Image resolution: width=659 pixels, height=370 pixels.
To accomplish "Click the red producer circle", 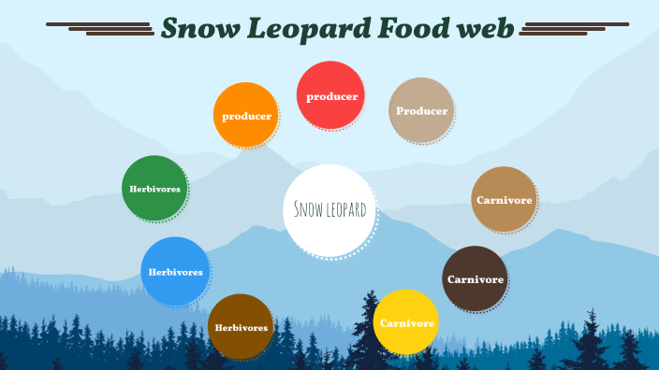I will pyautogui.click(x=329, y=94).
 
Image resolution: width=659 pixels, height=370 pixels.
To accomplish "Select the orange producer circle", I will pyautogui.click(x=246, y=116).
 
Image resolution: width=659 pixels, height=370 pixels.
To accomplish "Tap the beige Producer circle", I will pyautogui.click(x=421, y=110).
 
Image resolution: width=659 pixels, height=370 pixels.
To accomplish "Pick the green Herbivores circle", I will pyautogui.click(x=154, y=188).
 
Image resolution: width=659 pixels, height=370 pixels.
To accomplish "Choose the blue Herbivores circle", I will pyautogui.click(x=174, y=271).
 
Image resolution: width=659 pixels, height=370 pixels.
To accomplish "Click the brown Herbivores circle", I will pyautogui.click(x=241, y=326).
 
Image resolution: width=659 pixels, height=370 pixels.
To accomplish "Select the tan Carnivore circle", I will pyautogui.click(x=504, y=200).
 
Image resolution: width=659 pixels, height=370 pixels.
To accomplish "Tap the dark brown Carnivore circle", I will pyautogui.click(x=475, y=278).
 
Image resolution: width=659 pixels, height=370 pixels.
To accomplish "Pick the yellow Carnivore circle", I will pyautogui.click(x=405, y=322).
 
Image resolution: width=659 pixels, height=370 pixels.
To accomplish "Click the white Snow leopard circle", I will pyautogui.click(x=329, y=209).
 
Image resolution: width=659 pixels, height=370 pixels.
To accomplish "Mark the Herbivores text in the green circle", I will pyautogui.click(x=154, y=189).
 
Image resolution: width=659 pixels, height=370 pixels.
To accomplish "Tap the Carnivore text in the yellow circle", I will pyautogui.click(x=405, y=323).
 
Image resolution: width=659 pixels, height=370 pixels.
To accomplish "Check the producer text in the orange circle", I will pyautogui.click(x=246, y=117).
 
